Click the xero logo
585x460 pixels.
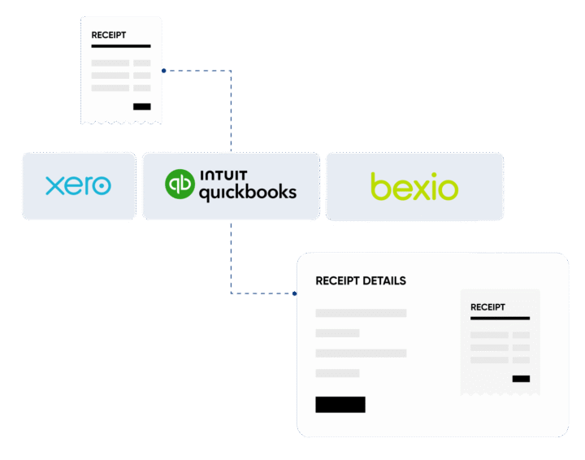pos(78,186)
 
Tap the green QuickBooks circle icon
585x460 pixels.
pos(180,184)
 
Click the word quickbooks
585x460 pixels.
pos(247,193)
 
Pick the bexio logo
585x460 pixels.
pos(414,186)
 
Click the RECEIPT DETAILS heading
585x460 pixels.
pos(360,281)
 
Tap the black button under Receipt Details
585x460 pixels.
pos(340,405)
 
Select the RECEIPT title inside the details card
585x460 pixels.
pos(487,307)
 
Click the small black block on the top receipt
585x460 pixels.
pos(141,106)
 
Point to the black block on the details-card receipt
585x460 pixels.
pos(521,379)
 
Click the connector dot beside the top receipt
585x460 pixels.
pos(164,72)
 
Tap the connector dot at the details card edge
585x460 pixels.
pos(294,293)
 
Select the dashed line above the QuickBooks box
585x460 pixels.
pos(231,114)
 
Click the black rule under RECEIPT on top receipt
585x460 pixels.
pos(120,46)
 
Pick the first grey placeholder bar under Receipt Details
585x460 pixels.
pos(361,313)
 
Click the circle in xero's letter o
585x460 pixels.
pos(100,186)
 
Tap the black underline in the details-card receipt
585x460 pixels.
pos(500,319)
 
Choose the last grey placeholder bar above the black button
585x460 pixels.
pos(337,373)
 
